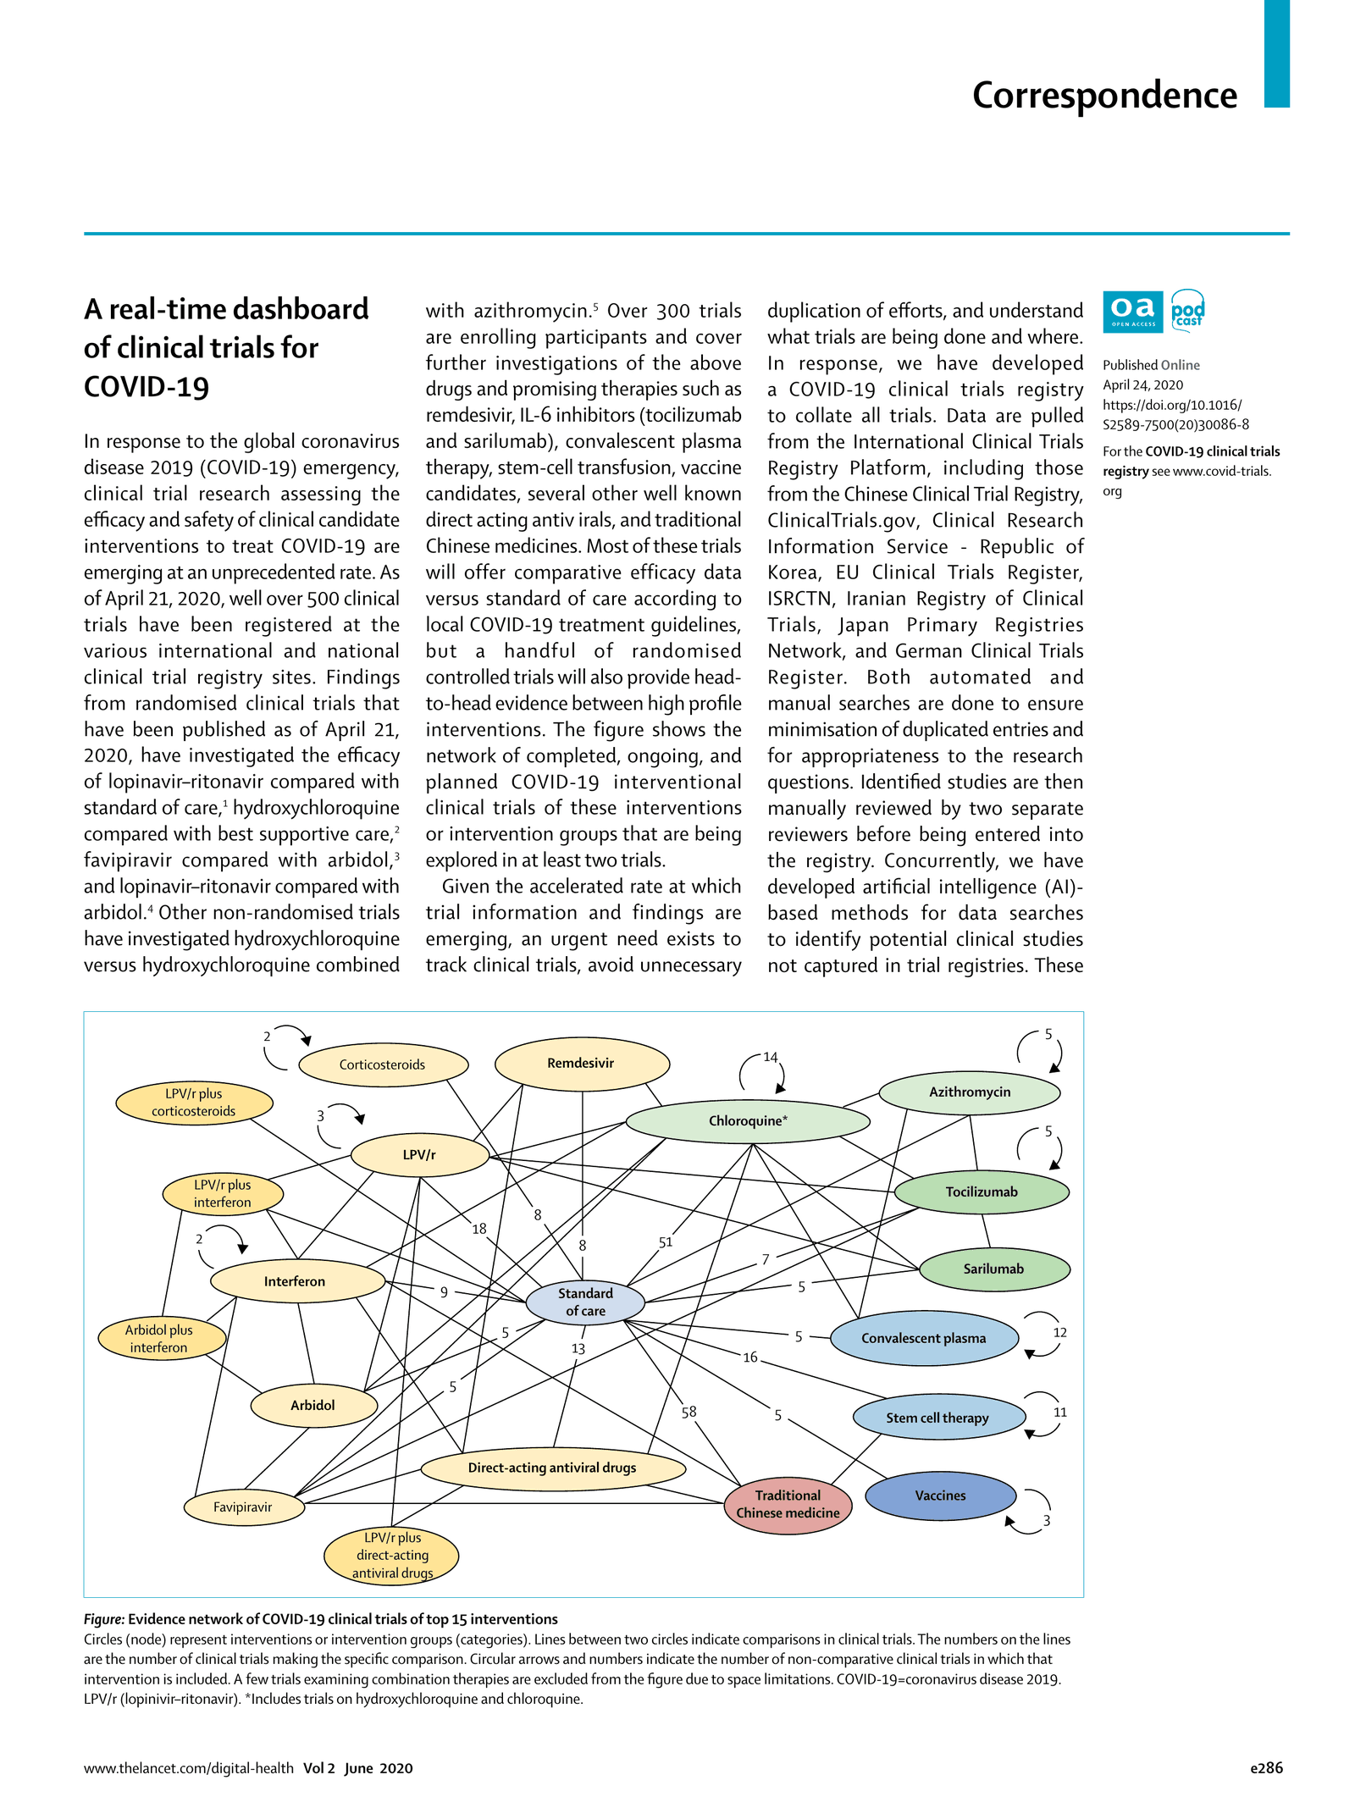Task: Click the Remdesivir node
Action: point(582,1064)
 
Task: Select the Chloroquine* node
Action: point(747,1121)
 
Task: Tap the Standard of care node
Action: point(585,1302)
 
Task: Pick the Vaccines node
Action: point(940,1496)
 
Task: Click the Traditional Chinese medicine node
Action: point(788,1504)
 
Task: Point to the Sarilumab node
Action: point(993,1269)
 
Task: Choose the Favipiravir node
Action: point(243,1507)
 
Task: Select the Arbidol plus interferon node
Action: point(160,1339)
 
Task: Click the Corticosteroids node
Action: point(383,1065)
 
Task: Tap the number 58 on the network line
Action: point(689,1412)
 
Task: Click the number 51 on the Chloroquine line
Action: point(666,1242)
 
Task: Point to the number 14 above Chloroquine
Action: point(770,1058)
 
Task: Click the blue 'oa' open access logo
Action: point(1132,311)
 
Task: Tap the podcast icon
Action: point(1187,311)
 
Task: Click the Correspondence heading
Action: point(1104,95)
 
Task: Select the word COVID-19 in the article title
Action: point(146,387)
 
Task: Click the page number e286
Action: point(1266,1767)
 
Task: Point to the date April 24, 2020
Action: point(1142,384)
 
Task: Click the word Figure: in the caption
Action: point(103,1619)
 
